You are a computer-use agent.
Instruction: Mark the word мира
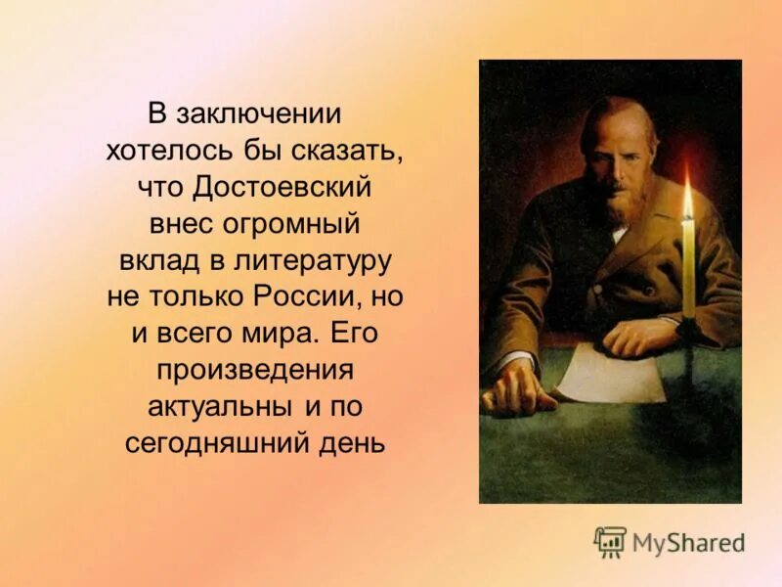(x=279, y=333)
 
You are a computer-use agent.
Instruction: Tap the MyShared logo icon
(x=610, y=541)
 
